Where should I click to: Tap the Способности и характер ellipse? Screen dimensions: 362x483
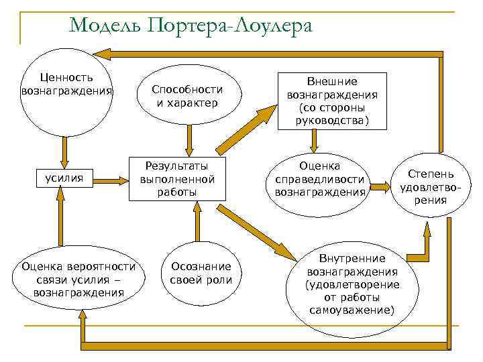(x=187, y=97)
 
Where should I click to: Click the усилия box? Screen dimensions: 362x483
(x=64, y=178)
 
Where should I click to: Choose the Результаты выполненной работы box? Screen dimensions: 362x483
(x=178, y=179)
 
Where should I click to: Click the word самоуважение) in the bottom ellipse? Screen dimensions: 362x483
(x=352, y=310)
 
